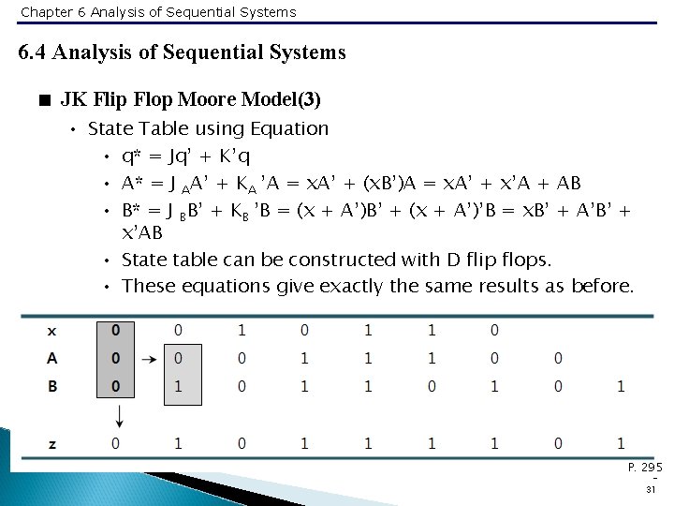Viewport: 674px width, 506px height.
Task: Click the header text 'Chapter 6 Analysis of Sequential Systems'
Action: [157, 12]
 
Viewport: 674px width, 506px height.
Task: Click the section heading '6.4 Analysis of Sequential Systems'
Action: [182, 52]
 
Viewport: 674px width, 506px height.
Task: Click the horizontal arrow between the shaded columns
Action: [147, 358]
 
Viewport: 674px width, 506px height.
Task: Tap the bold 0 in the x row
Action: [114, 331]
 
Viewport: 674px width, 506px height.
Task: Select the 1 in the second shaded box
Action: [178, 385]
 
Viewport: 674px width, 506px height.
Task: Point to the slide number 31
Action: [651, 489]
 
